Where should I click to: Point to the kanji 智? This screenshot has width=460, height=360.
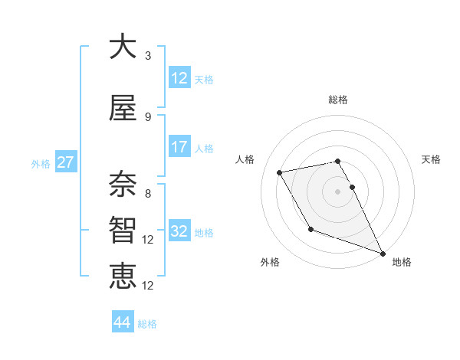click(123, 228)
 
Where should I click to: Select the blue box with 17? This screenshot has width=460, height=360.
click(179, 147)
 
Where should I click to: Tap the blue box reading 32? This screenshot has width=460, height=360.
click(179, 231)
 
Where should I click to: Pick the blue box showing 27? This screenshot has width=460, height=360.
click(65, 162)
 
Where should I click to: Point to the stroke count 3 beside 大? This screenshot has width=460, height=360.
click(147, 56)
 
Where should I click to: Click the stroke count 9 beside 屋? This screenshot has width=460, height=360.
click(147, 117)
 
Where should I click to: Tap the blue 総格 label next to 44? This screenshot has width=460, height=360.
click(147, 324)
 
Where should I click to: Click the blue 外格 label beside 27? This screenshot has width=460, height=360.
click(41, 163)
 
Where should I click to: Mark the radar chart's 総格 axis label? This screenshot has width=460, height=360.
click(338, 100)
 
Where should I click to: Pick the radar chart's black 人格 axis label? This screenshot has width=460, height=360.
click(245, 159)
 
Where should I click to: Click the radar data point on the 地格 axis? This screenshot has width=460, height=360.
click(383, 254)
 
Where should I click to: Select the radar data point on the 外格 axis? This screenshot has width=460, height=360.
click(310, 229)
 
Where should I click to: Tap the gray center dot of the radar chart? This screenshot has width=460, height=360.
click(338, 191)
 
